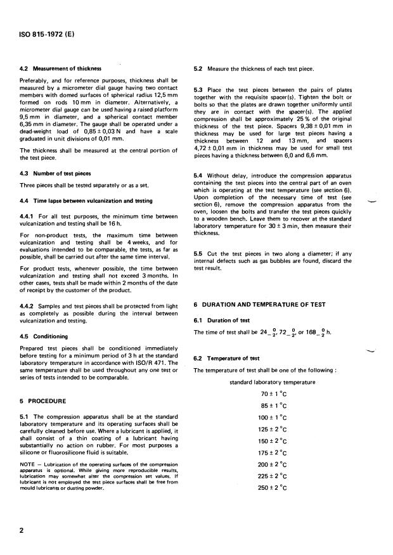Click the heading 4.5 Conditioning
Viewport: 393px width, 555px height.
(x=44, y=336)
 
